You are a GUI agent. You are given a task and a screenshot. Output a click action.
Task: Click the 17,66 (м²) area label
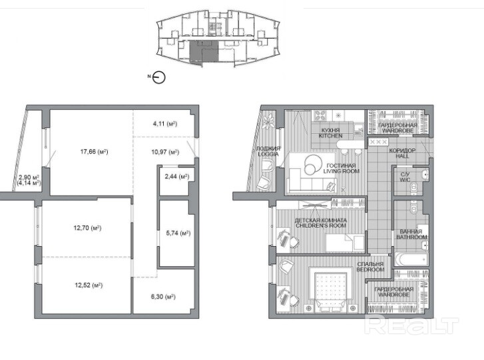point(94,152)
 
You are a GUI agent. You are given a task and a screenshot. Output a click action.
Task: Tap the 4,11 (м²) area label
point(165,124)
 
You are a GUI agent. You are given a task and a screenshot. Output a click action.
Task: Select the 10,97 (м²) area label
point(165,152)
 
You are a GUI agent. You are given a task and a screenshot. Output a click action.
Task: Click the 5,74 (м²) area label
point(178,233)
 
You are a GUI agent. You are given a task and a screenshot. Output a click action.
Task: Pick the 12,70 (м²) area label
point(87,228)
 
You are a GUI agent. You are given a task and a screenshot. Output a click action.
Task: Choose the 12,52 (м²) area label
point(89,285)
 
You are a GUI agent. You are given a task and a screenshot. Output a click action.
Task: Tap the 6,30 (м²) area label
point(163,297)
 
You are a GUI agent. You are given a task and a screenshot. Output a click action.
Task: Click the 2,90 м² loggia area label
point(29,178)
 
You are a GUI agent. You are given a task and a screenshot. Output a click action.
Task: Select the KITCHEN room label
point(330,136)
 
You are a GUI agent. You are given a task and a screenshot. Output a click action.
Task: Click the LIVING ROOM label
point(342,171)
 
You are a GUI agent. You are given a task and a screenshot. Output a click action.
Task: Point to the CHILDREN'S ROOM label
point(321,226)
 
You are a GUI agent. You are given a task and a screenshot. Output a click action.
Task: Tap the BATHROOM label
point(411,237)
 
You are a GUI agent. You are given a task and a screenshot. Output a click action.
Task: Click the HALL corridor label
point(403,156)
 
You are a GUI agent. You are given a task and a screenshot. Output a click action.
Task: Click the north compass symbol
point(159,77)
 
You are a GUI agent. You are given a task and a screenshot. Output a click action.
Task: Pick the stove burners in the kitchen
point(320,116)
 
